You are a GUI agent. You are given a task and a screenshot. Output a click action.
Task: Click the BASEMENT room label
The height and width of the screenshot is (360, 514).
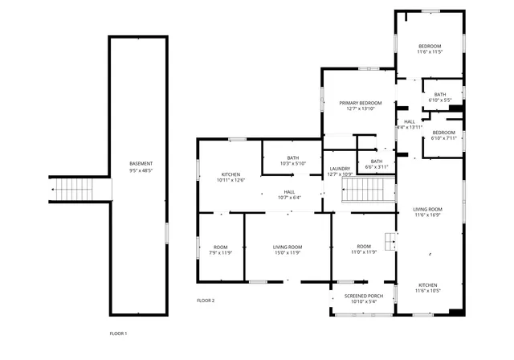pyautogui.click(x=141, y=164)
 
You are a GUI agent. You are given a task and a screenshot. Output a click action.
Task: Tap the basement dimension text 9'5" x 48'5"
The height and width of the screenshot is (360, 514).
pyautogui.click(x=141, y=170)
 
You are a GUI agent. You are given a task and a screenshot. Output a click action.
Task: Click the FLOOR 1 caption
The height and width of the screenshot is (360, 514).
pyautogui.click(x=118, y=333)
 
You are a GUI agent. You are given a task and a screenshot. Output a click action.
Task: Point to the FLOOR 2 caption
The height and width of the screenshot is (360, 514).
pyautogui.click(x=206, y=301)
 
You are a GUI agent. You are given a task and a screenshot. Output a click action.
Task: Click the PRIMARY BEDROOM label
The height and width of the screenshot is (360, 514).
pyautogui.click(x=360, y=103)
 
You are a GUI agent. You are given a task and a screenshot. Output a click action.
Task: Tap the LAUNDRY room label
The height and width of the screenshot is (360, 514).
pyautogui.click(x=341, y=168)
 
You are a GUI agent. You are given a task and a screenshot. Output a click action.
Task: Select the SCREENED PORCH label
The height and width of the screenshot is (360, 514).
pyautogui.click(x=363, y=296)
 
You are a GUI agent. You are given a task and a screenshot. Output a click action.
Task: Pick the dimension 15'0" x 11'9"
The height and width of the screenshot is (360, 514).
pyautogui.click(x=287, y=253)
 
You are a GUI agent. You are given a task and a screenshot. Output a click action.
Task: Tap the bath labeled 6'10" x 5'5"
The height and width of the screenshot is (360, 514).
pyautogui.click(x=440, y=94)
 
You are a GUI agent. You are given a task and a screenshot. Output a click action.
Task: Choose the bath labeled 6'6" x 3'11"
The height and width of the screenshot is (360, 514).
pyautogui.click(x=377, y=161)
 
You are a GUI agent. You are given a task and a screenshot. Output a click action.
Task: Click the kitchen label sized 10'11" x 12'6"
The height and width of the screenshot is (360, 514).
pyautogui.click(x=230, y=174)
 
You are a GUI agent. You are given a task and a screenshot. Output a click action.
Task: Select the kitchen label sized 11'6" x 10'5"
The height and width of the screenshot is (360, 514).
pyautogui.click(x=427, y=285)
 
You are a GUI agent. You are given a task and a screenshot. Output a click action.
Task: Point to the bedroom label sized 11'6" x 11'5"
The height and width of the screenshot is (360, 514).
pyautogui.click(x=430, y=47)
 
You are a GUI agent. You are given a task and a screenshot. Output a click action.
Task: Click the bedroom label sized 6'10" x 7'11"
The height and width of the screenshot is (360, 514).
pyautogui.click(x=443, y=132)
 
